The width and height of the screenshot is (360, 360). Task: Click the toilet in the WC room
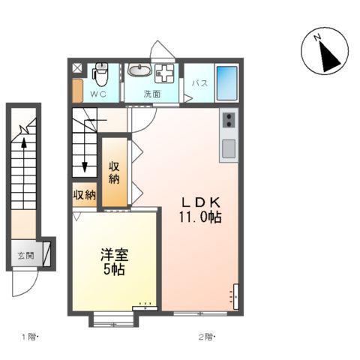[100, 74]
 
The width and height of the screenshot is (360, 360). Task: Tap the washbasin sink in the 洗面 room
[139, 69]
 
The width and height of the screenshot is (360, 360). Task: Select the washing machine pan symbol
[164, 73]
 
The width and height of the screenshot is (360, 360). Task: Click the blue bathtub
[226, 83]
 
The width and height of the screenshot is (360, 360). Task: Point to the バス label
[200, 83]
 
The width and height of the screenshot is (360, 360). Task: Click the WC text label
[98, 94]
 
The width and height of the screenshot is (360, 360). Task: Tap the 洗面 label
[152, 94]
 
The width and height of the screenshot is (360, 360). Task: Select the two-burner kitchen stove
[229, 120]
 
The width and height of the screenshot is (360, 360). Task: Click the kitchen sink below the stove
[229, 148]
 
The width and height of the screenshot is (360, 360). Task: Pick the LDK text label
[201, 202]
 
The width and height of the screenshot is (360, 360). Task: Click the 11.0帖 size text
[200, 217]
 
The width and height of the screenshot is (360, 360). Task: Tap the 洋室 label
[115, 255]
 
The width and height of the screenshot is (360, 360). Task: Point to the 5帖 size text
[114, 269]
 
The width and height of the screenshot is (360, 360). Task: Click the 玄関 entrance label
[25, 256]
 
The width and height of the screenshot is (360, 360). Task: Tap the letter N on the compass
[317, 37]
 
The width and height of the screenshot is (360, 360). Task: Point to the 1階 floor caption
[30, 337]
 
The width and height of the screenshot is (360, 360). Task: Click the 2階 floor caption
[207, 337]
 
